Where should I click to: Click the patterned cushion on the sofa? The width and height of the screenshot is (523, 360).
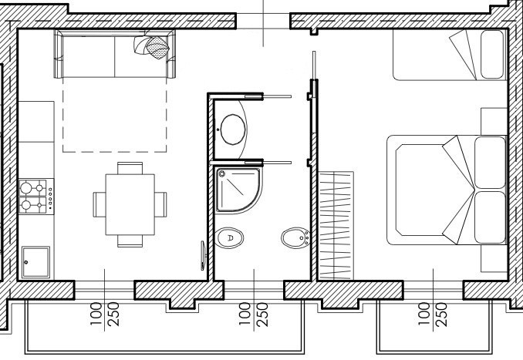pyautogui.click(x=157, y=47)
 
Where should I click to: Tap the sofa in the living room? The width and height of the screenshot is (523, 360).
pyautogui.click(x=115, y=54)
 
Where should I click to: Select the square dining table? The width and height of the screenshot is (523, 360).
pyautogui.click(x=130, y=204)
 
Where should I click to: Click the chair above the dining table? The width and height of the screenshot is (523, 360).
pyautogui.click(x=130, y=168)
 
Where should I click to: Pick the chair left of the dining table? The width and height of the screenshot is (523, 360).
pyautogui.click(x=100, y=204)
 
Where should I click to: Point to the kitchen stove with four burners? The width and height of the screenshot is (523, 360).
pyautogui.click(x=36, y=197)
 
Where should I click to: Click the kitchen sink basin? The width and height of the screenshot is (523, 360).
pyautogui.click(x=35, y=262)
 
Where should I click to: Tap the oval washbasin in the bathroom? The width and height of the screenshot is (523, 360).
pyautogui.click(x=233, y=130)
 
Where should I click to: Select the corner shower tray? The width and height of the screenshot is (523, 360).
pyautogui.click(x=238, y=190)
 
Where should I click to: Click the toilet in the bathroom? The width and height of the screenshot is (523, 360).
pyautogui.click(x=229, y=238)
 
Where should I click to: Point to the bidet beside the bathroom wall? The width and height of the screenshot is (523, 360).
pyautogui.click(x=295, y=238)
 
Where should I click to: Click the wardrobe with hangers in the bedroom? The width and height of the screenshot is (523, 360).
pyautogui.click(x=336, y=226)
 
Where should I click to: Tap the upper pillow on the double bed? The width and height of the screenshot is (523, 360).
pyautogui.click(x=490, y=163)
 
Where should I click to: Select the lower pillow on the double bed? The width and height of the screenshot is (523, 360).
pyautogui.click(x=490, y=217)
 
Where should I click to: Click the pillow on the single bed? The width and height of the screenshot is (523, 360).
pyautogui.click(x=492, y=54)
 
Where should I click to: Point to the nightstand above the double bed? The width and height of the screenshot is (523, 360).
pyautogui.click(x=494, y=121)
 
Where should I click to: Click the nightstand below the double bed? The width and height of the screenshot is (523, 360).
pyautogui.click(x=494, y=258)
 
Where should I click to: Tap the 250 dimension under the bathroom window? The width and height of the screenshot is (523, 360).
pyautogui.click(x=263, y=315)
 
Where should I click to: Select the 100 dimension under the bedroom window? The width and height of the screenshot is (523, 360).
pyautogui.click(x=424, y=315)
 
